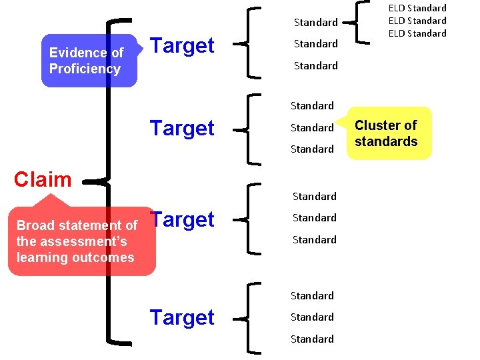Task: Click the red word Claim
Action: click(x=43, y=179)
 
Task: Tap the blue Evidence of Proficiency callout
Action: click(x=89, y=61)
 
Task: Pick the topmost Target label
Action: click(x=182, y=45)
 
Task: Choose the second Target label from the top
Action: click(x=182, y=128)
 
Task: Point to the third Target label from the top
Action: click(x=182, y=219)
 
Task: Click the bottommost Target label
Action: click(x=182, y=317)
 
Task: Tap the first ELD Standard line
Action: click(x=417, y=8)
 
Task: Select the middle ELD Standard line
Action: click(x=417, y=21)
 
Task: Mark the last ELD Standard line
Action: click(x=417, y=33)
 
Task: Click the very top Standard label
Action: click(x=316, y=22)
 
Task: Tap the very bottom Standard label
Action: click(x=312, y=339)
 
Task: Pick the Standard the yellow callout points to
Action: click(x=312, y=127)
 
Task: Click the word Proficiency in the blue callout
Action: click(x=85, y=69)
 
